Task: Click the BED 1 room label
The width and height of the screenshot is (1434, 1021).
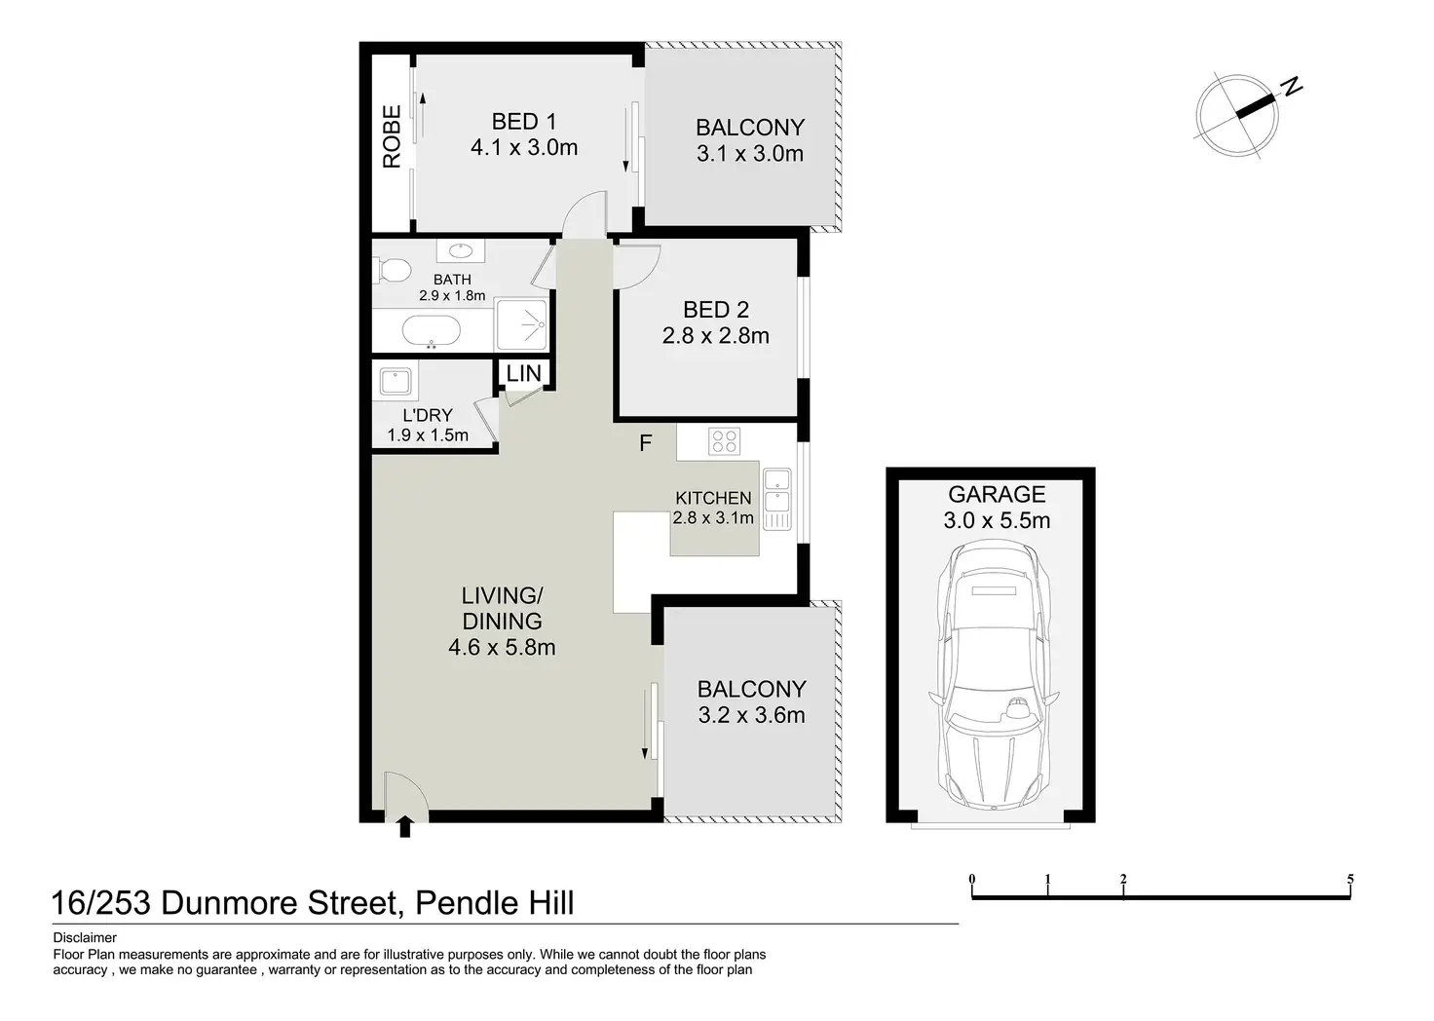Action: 524,122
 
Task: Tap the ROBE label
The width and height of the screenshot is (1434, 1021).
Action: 392,136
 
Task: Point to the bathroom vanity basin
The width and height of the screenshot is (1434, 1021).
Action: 460,250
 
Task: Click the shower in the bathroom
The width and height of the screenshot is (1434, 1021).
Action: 522,324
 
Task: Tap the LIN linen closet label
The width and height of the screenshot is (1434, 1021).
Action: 524,373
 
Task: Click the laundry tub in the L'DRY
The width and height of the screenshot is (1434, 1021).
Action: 395,381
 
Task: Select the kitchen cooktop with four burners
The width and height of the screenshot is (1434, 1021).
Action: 724,441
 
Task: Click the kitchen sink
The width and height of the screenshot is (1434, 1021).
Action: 776,500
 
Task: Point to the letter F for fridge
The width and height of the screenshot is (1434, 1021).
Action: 645,442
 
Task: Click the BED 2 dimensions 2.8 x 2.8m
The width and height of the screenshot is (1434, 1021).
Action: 715,335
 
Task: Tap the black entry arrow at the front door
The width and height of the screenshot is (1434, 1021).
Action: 404,826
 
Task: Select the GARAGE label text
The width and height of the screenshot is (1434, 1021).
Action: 997,494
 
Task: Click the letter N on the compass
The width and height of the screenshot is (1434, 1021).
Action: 1292,87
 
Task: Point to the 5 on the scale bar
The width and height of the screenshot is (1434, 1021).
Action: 1350,879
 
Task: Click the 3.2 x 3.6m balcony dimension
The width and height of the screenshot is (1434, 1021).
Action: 751,715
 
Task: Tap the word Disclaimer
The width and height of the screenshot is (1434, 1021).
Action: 85,938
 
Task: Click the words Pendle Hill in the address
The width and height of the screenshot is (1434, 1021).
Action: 494,903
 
